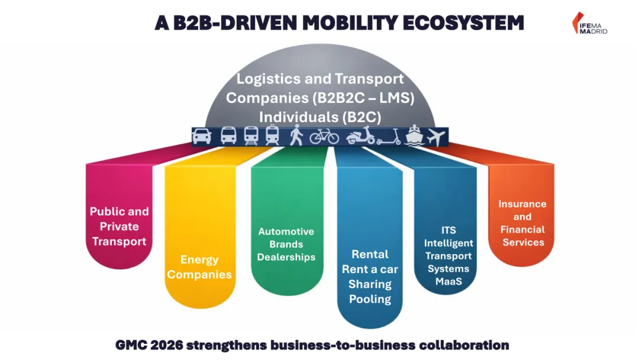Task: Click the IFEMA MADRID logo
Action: point(589,23)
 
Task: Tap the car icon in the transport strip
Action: point(202,136)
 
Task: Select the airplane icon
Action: point(435,136)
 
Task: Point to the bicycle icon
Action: point(324,137)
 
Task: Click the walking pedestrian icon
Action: point(296,136)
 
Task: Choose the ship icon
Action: point(414,136)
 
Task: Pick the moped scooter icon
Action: point(360,136)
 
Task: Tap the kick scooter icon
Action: point(388,137)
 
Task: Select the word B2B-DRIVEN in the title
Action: point(235,22)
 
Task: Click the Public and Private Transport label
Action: point(119,226)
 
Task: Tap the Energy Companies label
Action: point(199,267)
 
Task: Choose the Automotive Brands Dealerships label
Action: point(286,244)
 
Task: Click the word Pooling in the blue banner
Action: point(370,299)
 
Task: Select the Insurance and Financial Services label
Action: point(522,223)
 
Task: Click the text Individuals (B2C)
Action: point(319,117)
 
